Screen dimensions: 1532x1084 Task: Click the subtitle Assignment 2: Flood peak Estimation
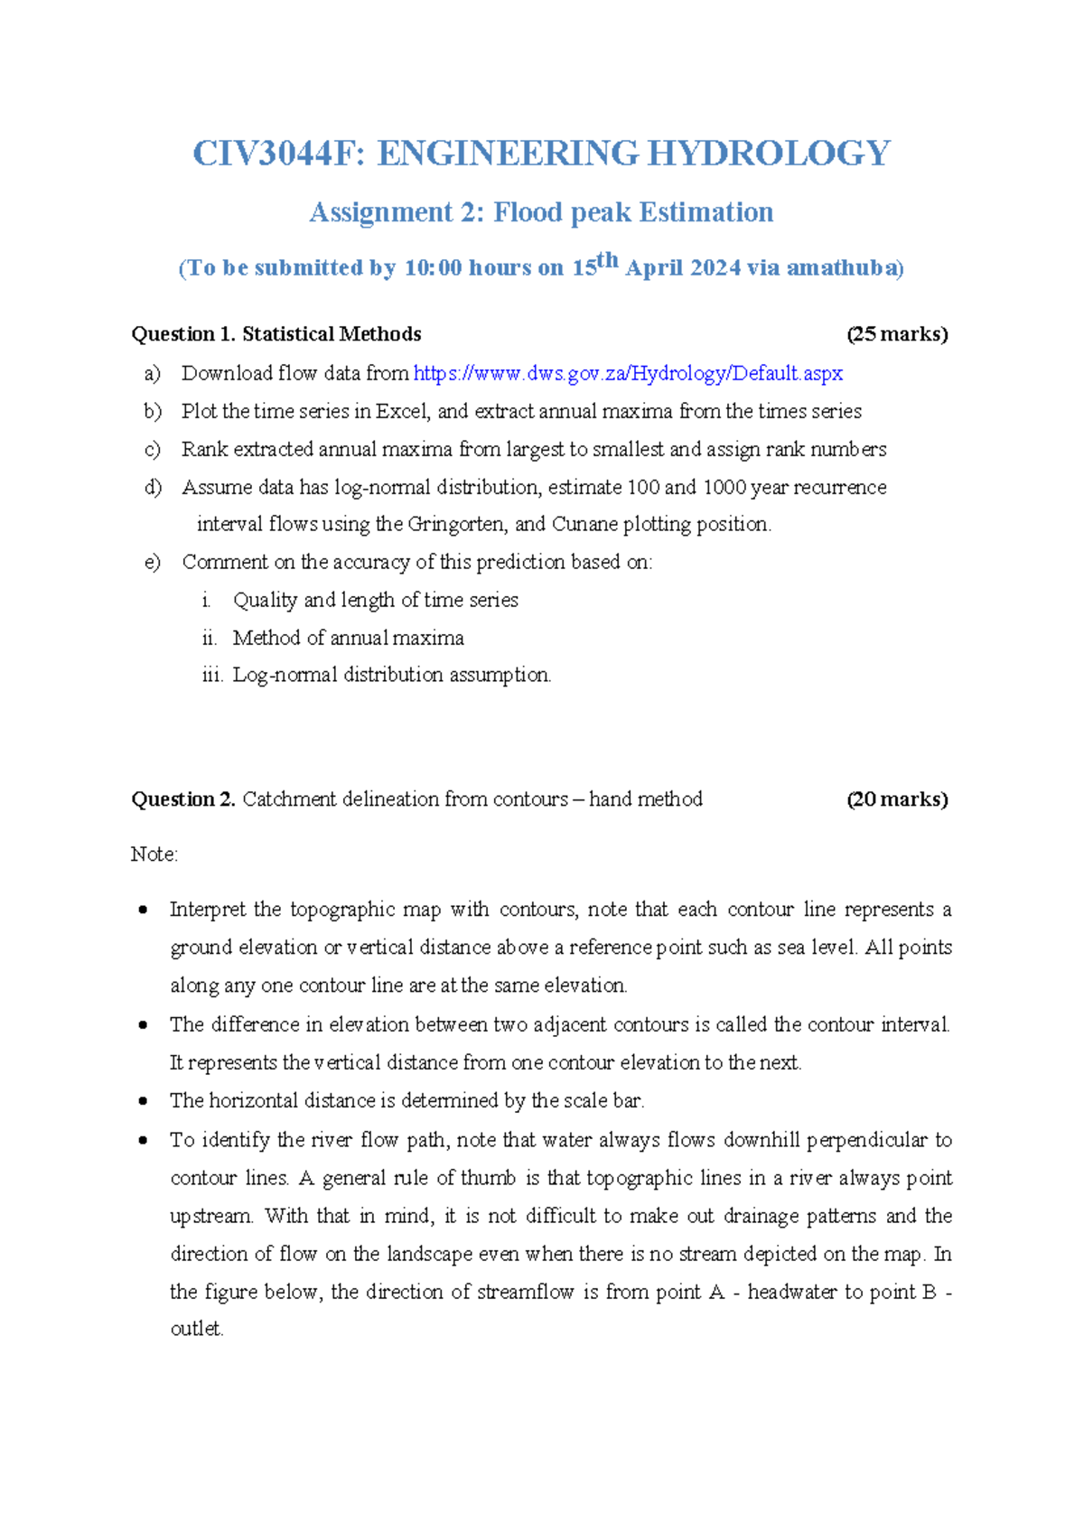point(541,212)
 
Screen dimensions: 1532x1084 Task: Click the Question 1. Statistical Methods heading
point(276,334)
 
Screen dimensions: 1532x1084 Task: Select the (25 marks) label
point(896,334)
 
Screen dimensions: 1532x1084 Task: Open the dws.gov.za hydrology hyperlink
point(628,373)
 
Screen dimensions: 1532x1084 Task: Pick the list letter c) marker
point(152,450)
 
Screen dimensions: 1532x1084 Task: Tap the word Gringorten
point(458,525)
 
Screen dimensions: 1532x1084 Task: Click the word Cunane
point(584,525)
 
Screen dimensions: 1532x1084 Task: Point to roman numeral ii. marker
point(210,639)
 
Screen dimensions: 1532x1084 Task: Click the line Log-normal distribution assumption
point(391,675)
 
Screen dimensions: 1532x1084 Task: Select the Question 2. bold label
point(183,799)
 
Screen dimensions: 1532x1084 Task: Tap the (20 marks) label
point(896,799)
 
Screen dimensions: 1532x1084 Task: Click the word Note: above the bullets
point(154,855)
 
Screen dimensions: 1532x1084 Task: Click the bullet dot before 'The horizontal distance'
point(143,1101)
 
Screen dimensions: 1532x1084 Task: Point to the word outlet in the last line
point(196,1329)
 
